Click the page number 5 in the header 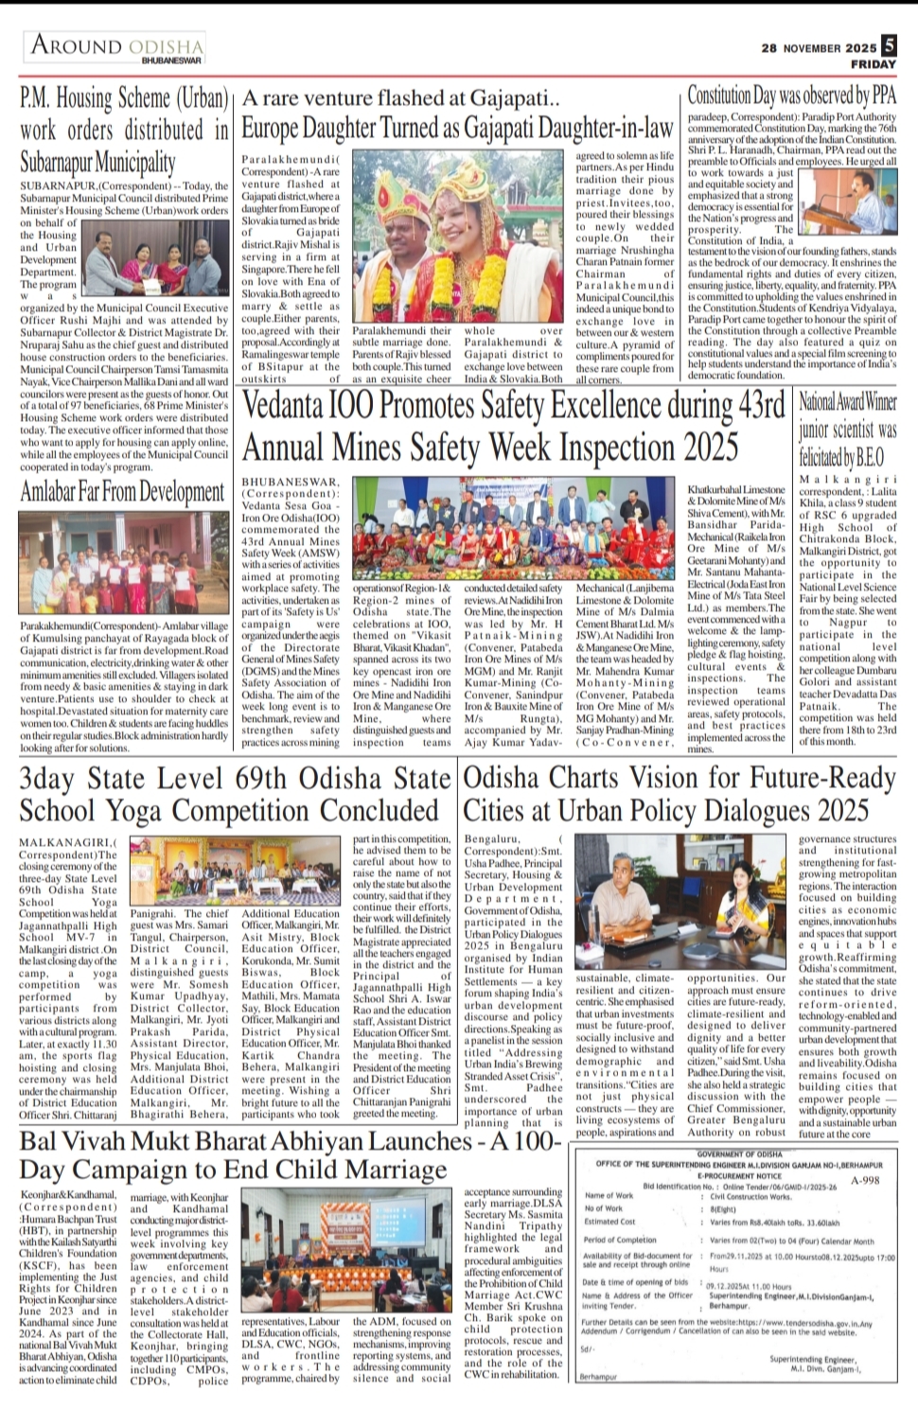[x=888, y=44]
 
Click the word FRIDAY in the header [x=872, y=64]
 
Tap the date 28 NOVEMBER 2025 [x=820, y=48]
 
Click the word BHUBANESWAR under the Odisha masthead [x=171, y=60]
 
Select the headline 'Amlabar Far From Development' [x=123, y=491]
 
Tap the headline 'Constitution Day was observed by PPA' [x=791, y=96]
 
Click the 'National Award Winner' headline [x=846, y=404]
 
